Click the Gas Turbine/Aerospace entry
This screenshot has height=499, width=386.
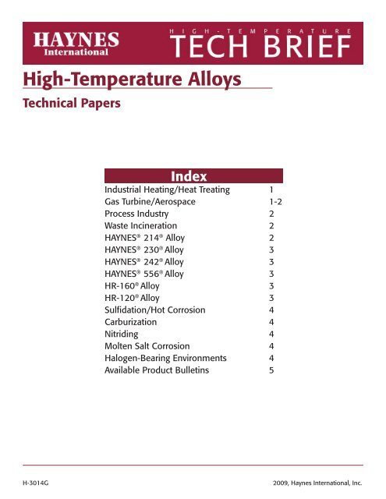click(152, 201)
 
